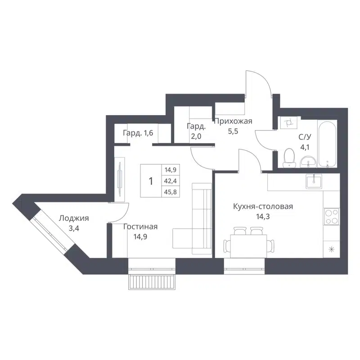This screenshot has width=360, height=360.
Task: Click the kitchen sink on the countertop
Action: [314, 181]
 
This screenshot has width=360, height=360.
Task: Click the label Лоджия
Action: [73, 219]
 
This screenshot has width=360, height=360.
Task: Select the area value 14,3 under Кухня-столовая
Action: [263, 216]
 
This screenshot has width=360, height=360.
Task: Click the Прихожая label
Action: [233, 121]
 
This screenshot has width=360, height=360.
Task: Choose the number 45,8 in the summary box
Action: [170, 192]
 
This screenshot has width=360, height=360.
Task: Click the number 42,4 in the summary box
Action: [170, 181]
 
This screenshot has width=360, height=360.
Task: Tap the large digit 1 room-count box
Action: [151, 181]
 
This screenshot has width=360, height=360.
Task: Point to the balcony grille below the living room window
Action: [152, 282]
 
